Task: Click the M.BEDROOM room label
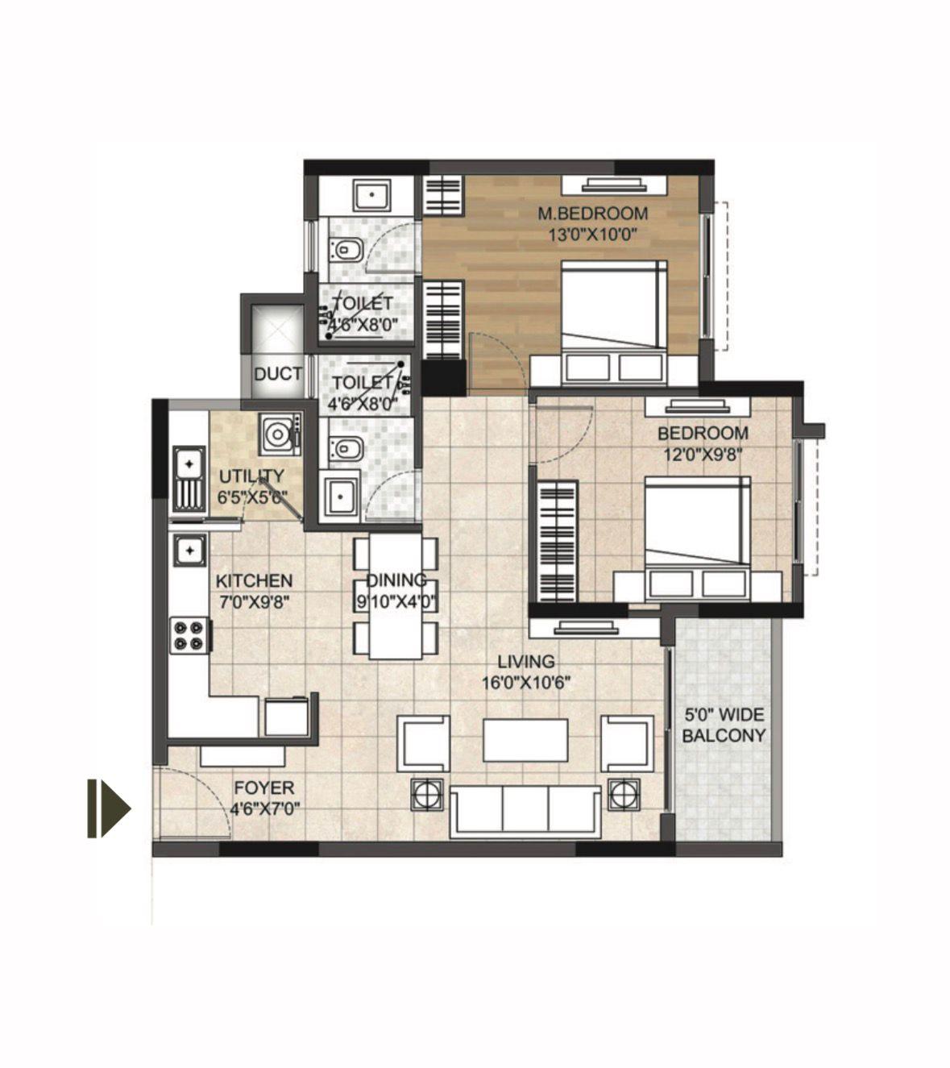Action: (592, 214)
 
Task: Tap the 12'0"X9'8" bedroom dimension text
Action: (703, 454)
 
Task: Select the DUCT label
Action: (278, 374)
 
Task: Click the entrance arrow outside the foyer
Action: (109, 808)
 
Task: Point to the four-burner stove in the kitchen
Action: (189, 634)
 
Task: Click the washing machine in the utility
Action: (280, 434)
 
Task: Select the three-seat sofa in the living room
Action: (525, 812)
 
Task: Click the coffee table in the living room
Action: (525, 740)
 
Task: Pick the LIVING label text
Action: (526, 661)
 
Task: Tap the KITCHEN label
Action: (254, 580)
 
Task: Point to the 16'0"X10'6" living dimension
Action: (526, 683)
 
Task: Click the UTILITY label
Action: (251, 476)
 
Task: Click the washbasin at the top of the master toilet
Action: (372, 195)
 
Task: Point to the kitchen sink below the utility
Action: (189, 551)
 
